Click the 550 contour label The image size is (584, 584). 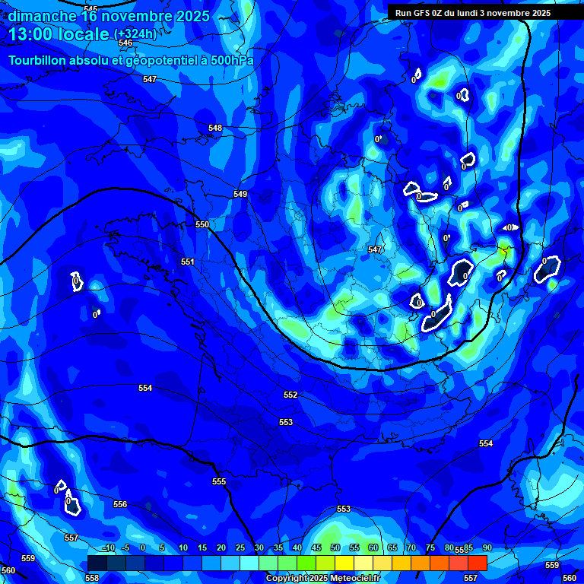[x=202, y=224]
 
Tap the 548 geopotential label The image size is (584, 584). [x=215, y=128]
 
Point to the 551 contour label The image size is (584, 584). [x=188, y=262]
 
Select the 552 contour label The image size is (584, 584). [x=290, y=395]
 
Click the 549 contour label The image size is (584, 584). [x=240, y=194]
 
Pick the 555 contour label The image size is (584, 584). [x=219, y=481]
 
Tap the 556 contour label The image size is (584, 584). [x=120, y=504]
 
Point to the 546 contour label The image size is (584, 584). [x=125, y=43]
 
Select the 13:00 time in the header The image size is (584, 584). [x=33, y=34]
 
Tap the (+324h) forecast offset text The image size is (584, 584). [x=135, y=34]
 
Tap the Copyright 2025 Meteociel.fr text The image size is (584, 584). [x=322, y=578]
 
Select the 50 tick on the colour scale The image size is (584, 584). [x=336, y=547]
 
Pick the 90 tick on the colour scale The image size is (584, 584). [x=487, y=547]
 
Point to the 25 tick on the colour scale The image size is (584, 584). [x=240, y=547]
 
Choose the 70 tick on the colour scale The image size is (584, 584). [x=411, y=547]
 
